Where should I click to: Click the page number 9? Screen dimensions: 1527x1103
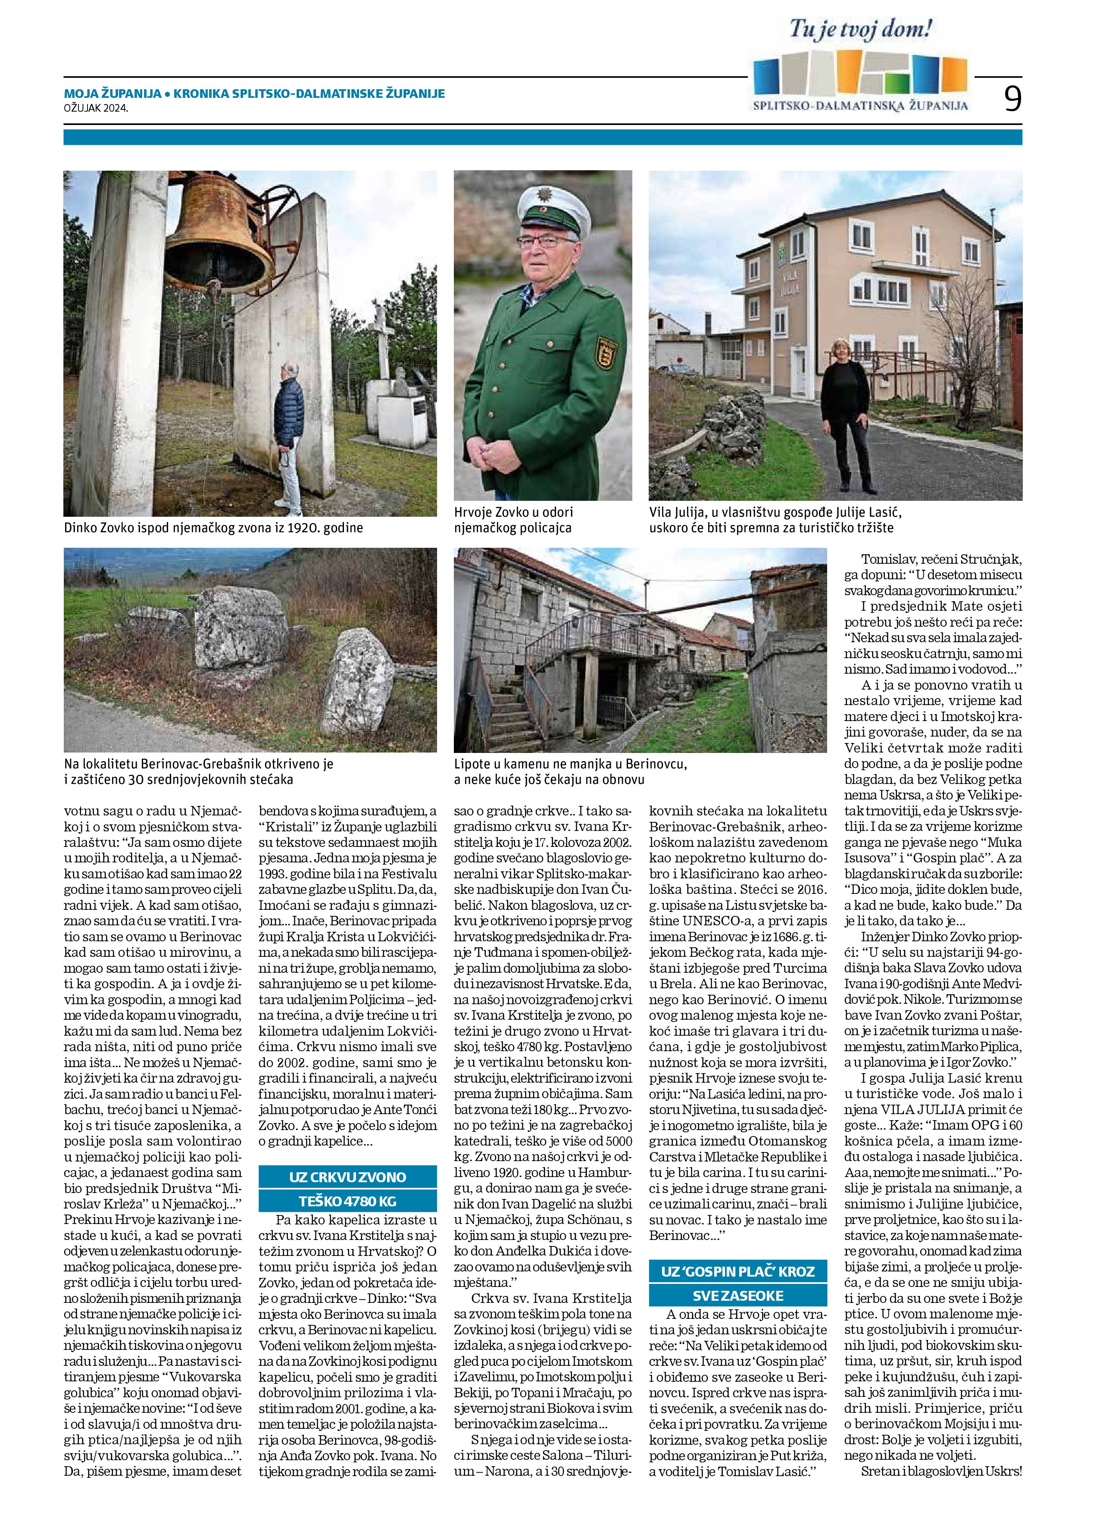(x=1012, y=99)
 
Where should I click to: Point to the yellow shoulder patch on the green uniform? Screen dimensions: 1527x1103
(x=603, y=353)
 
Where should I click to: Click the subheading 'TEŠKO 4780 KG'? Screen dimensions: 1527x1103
(x=347, y=1200)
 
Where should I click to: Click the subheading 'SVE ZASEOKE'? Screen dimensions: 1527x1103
(x=737, y=1296)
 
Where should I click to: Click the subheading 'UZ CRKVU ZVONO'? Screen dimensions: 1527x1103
(x=347, y=1177)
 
